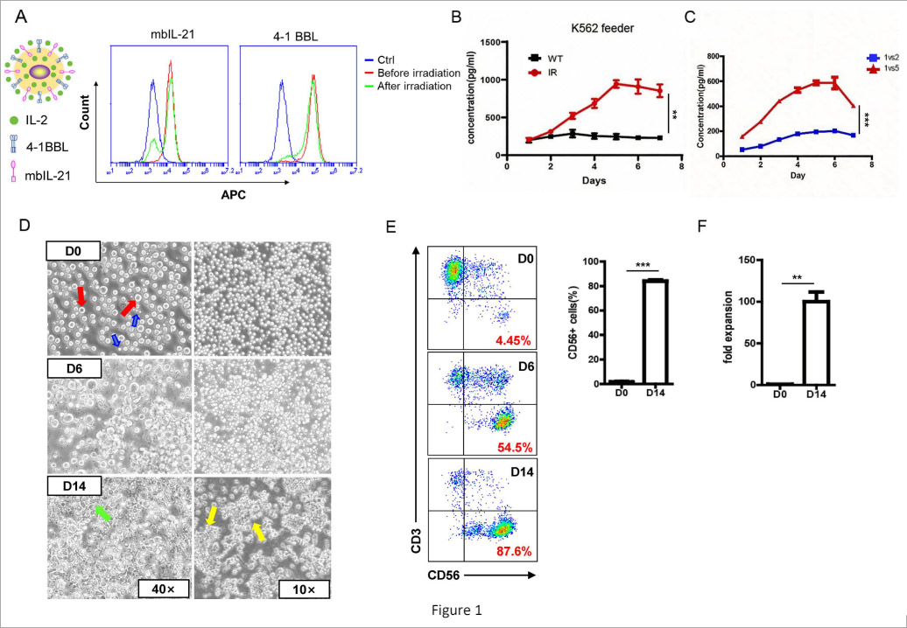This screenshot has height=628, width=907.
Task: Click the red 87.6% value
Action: pyautogui.click(x=510, y=551)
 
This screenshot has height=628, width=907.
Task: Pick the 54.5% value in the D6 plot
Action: pyautogui.click(x=510, y=445)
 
